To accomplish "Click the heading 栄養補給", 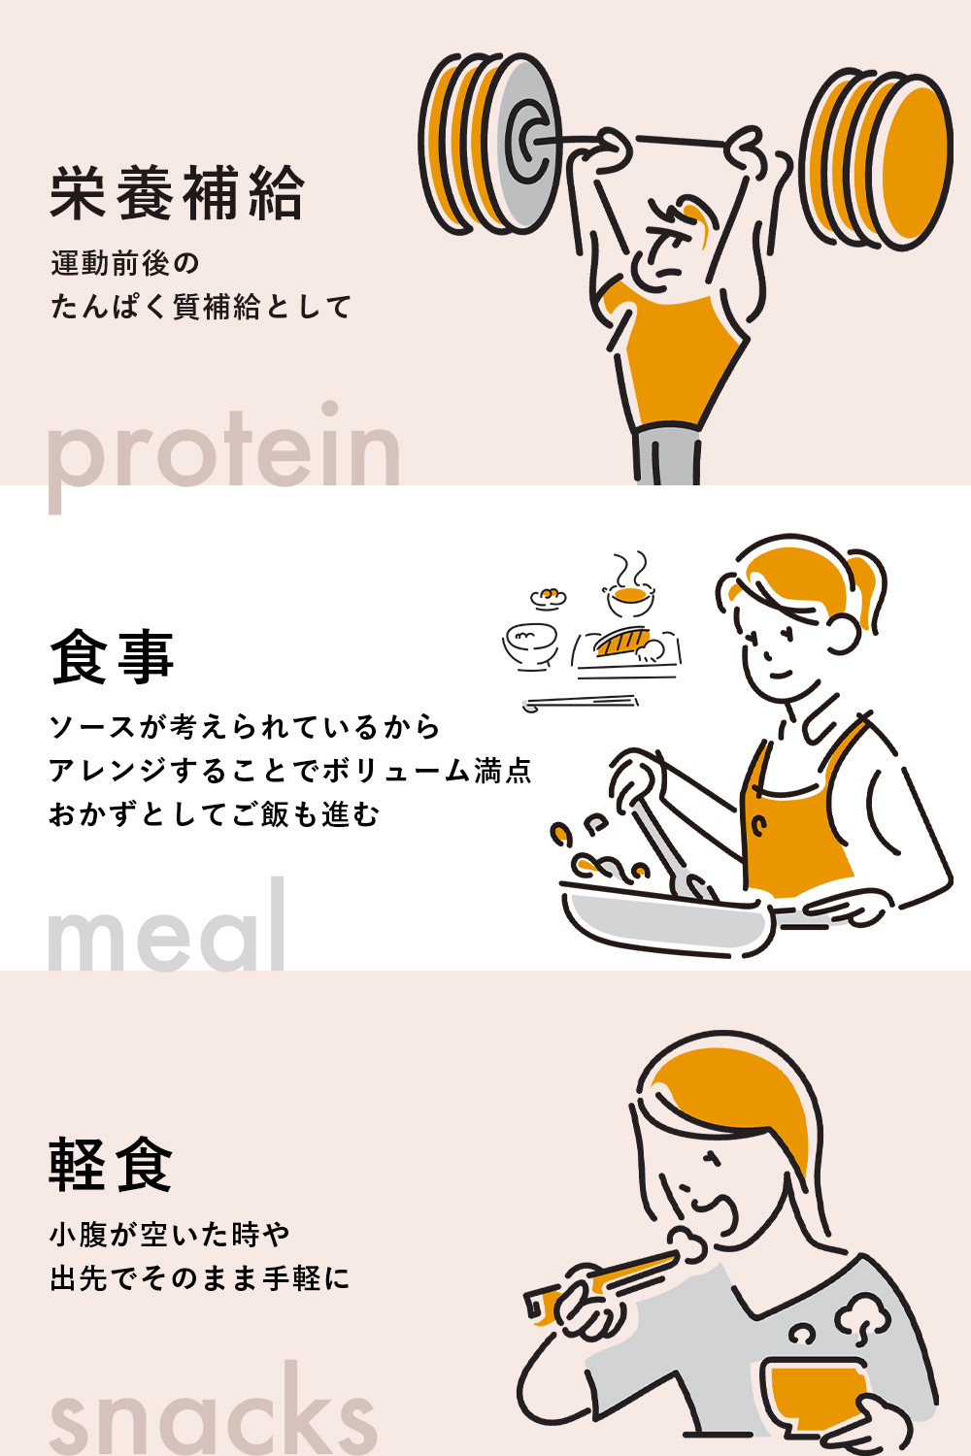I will [177, 193].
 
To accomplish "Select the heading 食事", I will [112, 657].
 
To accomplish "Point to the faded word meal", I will [167, 930].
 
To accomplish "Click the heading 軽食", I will [111, 1164].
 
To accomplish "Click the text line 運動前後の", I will [124, 263].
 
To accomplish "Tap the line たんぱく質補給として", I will [200, 307].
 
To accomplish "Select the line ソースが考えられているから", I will [245, 726].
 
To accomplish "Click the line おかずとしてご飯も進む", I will [214, 813].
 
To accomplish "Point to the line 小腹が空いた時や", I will [170, 1235].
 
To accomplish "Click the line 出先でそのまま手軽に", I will [199, 1278].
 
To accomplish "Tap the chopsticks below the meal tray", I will [581, 703].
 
